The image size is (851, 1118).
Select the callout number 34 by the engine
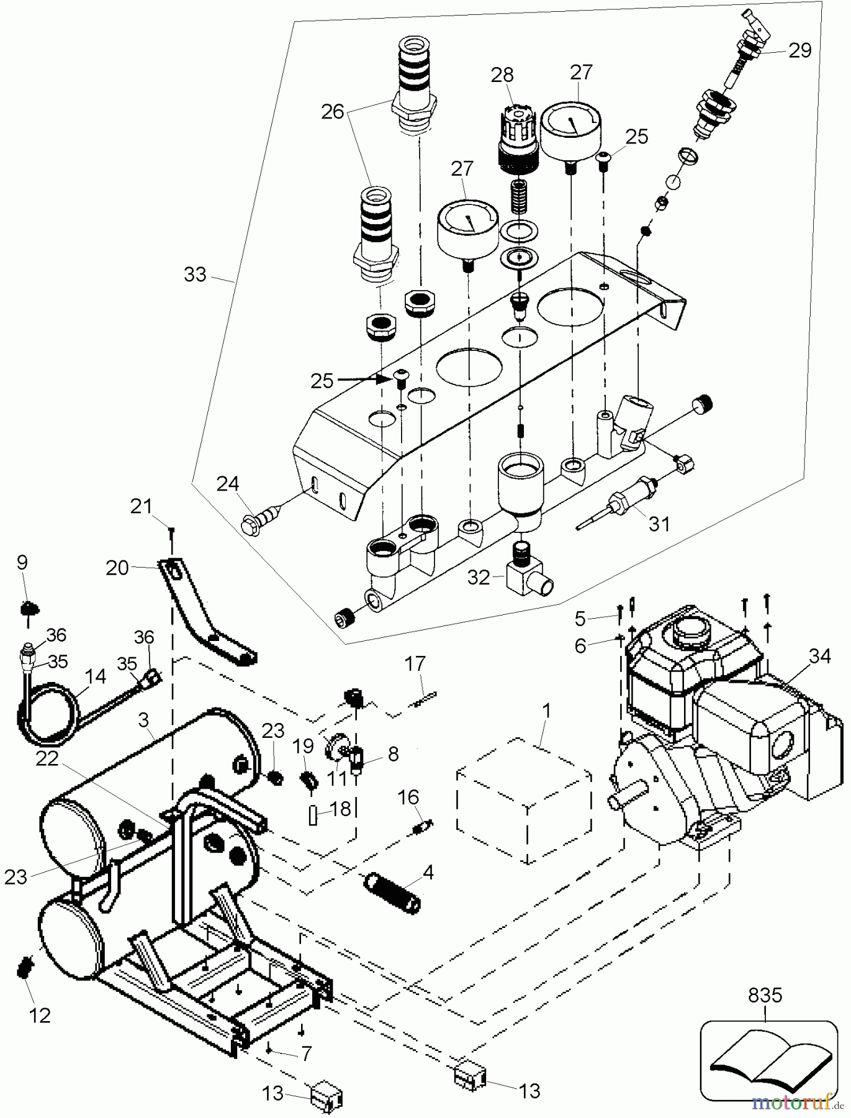[x=819, y=656]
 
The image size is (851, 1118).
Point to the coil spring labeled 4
[x=394, y=890]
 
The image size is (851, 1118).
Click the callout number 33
[x=195, y=274]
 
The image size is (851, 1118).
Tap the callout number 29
[x=799, y=50]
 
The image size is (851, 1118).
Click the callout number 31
[x=659, y=525]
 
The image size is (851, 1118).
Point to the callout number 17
[x=415, y=664]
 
